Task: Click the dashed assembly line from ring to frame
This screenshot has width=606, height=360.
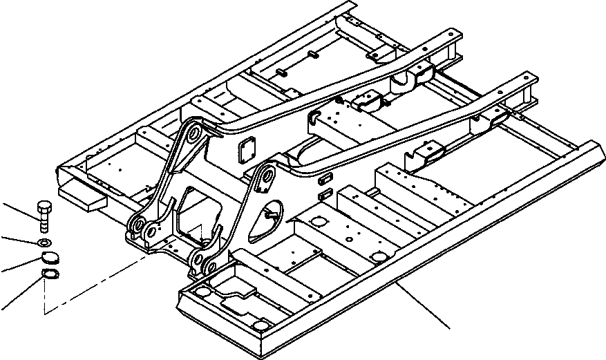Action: coord(97,283)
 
